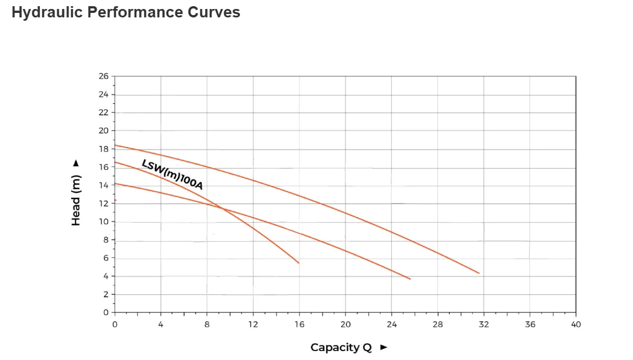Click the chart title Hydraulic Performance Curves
coord(126,12)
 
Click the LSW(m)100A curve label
coord(172,174)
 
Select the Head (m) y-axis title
coord(76,200)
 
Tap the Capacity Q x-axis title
coord(341,348)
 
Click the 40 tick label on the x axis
coord(576,324)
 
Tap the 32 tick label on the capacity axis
coord(484,324)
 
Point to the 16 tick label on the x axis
coord(299,324)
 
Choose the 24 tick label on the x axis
coord(392,324)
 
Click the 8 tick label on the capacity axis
coord(207,324)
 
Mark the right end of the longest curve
coord(479,273)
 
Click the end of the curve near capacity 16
coord(299,262)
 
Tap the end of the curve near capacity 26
coord(410,279)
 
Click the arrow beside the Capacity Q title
coord(384,348)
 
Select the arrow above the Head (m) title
coord(76,164)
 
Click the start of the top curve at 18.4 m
coord(115,145)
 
